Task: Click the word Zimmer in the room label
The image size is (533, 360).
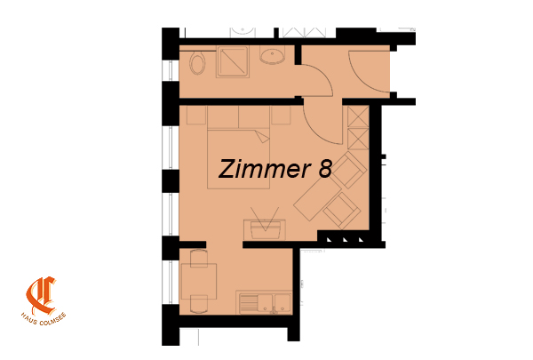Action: (265, 169)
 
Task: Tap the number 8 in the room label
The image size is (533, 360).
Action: (325, 169)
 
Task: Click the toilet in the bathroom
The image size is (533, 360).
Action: (197, 63)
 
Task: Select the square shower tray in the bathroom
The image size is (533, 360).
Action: (233, 61)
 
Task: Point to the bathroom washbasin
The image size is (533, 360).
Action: (273, 55)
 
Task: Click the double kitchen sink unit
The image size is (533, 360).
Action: (265, 302)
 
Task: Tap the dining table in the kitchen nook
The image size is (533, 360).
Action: (198, 282)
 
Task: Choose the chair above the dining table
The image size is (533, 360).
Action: (199, 258)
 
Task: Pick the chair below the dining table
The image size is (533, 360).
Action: (199, 304)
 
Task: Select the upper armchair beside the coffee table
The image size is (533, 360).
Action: (349, 170)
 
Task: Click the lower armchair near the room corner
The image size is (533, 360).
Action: (342, 210)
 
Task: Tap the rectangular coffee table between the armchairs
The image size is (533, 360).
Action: (317, 199)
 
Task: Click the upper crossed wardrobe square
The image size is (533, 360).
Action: (358, 116)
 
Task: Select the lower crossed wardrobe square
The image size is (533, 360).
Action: (358, 139)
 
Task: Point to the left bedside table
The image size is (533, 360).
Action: (197, 115)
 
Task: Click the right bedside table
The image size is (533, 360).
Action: (281, 115)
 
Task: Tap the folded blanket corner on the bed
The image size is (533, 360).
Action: (262, 137)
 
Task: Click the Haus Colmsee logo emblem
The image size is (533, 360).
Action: (41, 296)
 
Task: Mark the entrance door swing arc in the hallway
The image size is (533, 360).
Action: (361, 80)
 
